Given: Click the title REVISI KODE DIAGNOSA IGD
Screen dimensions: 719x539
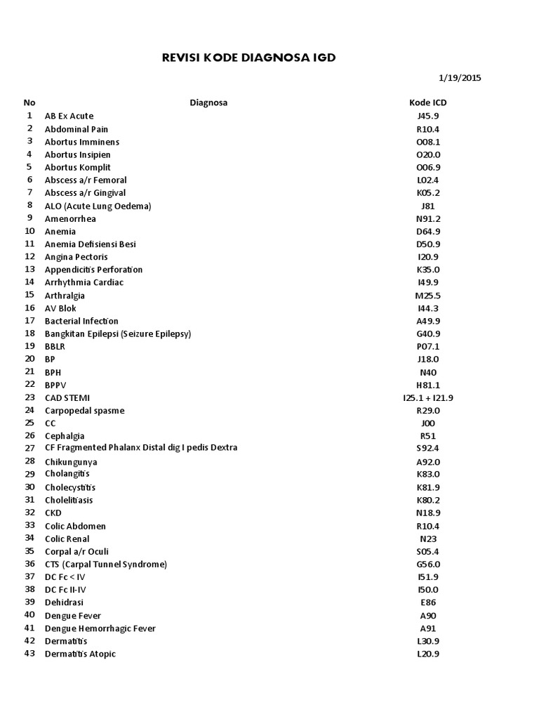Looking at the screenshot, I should click(248, 58).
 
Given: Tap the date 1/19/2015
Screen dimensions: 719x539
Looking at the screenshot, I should click(459, 78).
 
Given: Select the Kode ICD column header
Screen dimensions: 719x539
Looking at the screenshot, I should click(427, 103).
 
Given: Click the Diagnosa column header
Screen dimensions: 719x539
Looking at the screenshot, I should click(208, 103).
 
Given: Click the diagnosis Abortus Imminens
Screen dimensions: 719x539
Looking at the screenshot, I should click(82, 142).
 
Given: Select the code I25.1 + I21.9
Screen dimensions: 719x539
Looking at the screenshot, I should click(427, 398).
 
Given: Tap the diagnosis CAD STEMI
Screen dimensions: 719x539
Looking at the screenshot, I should click(67, 398).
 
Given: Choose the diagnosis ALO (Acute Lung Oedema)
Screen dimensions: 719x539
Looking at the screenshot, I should click(98, 206).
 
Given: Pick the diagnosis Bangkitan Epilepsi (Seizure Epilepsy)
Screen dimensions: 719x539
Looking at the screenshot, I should click(118, 334).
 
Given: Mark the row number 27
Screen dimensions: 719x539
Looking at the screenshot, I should click(29, 448).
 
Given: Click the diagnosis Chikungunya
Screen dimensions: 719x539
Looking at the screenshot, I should click(71, 462).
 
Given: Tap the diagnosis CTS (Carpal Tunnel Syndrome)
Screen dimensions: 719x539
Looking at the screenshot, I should click(106, 565).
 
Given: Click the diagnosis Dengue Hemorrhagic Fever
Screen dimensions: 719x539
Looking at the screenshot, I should click(100, 628).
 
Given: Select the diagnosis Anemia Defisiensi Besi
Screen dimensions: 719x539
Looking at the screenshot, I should click(91, 244).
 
